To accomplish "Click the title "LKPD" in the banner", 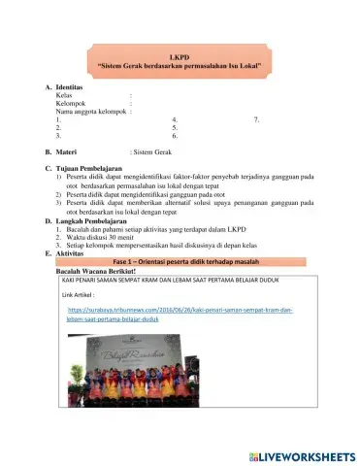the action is click(x=180, y=56).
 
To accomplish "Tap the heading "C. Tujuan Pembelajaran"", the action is click(x=90, y=168).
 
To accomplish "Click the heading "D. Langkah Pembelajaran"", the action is click(x=93, y=220).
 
